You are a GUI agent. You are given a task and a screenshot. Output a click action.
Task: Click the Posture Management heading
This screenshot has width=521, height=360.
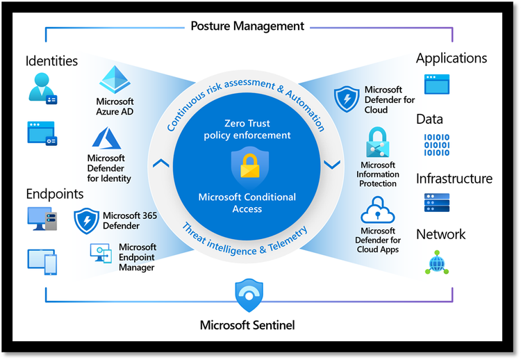tap(247, 26)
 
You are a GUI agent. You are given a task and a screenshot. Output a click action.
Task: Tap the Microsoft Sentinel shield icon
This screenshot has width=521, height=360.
tap(249, 295)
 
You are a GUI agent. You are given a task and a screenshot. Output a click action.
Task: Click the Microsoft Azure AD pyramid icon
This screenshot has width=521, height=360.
tap(115, 80)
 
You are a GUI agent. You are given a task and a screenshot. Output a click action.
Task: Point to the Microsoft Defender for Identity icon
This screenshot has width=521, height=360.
tap(107, 139)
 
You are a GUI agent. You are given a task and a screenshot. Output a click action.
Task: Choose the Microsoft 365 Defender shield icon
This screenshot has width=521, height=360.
tap(87, 220)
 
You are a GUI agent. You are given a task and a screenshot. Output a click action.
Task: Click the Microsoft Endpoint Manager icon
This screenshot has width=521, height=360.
tap(101, 253)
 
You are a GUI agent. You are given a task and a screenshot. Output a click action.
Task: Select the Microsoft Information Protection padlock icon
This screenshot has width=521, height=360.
tap(378, 142)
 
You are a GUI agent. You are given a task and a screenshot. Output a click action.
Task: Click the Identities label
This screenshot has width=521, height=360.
tap(51, 61)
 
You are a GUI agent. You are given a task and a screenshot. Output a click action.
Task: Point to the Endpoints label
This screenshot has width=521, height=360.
tap(55, 194)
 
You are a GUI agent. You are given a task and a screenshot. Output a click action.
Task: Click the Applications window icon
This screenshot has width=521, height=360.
tap(437, 84)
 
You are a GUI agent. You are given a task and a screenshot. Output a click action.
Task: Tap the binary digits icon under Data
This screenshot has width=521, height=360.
tap(436, 145)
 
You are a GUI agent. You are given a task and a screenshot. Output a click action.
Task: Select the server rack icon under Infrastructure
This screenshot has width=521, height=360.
tap(436, 202)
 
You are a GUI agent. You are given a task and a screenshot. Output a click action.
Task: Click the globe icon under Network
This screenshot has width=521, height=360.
tap(436, 263)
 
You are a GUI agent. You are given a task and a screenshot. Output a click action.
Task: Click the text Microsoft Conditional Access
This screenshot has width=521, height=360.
tap(248, 202)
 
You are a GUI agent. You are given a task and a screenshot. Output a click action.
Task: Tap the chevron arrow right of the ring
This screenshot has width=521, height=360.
tap(332, 165)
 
